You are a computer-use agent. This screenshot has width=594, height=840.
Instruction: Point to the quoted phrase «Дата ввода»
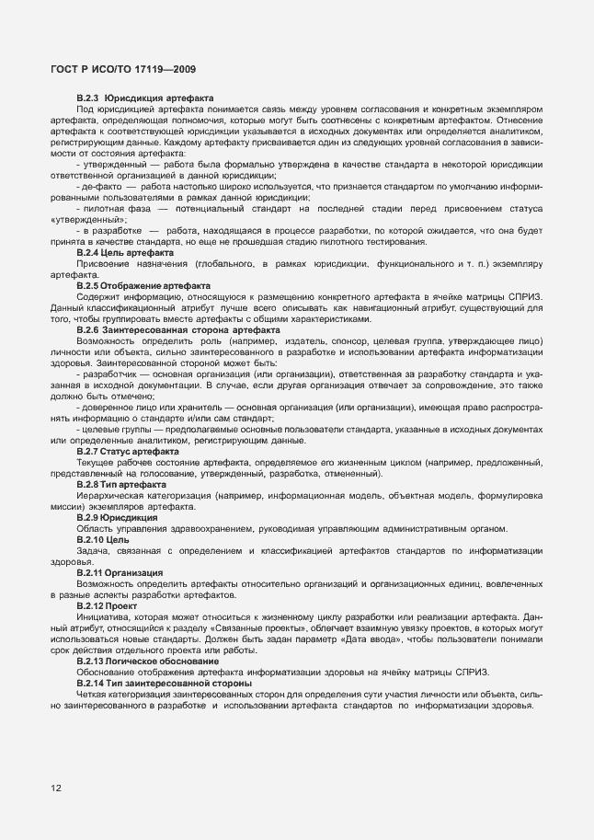[376, 639]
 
